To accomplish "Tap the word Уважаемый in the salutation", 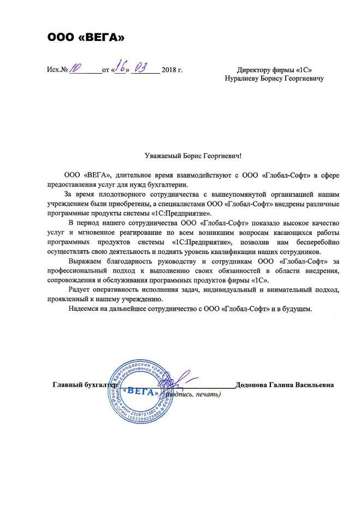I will click(161, 156).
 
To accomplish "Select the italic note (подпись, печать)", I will click(192, 394).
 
